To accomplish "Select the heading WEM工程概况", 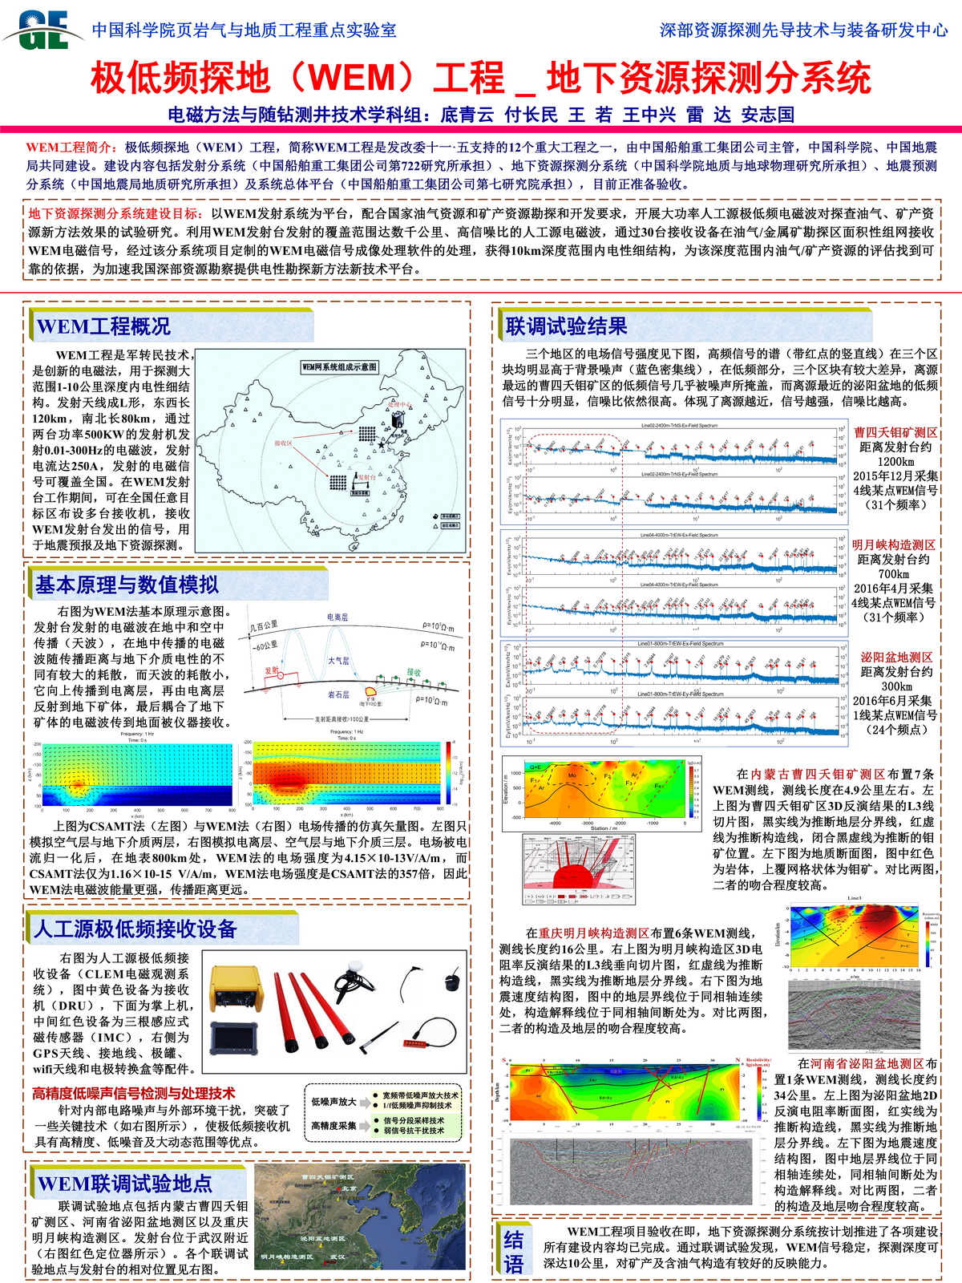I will (x=103, y=326).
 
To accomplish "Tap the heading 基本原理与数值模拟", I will (x=126, y=585).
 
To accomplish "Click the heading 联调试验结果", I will (x=566, y=326).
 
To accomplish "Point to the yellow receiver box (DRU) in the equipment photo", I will (x=234, y=990).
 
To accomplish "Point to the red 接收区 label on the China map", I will (x=283, y=443).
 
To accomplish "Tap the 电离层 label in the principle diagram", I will (x=338, y=617).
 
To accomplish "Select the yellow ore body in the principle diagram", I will (x=372, y=690).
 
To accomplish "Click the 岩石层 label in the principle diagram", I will (x=338, y=694).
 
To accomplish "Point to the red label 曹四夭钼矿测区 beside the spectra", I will (x=895, y=433).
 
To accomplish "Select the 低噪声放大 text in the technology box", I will (x=334, y=1102).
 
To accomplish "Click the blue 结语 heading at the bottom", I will (x=513, y=1252).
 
